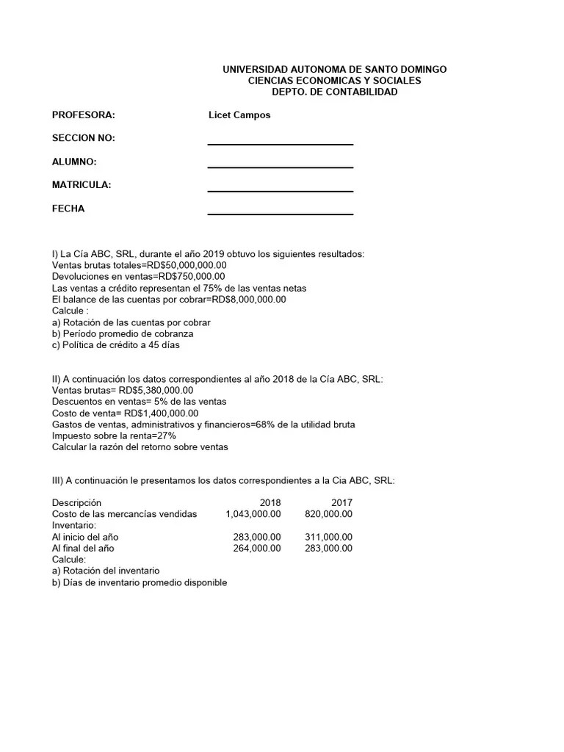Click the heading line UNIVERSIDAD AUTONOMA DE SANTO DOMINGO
(334, 69)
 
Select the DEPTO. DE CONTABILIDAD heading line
(334, 92)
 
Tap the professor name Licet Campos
(239, 115)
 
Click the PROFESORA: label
(84, 115)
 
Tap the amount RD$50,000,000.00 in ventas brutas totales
(187, 265)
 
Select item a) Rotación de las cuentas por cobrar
(131, 322)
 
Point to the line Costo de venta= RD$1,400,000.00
(126, 413)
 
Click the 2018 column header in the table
(270, 502)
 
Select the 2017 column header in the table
(341, 502)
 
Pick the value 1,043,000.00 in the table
(253, 514)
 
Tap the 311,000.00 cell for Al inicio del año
(328, 537)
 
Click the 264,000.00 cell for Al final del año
(256, 548)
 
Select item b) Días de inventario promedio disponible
(140, 582)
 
